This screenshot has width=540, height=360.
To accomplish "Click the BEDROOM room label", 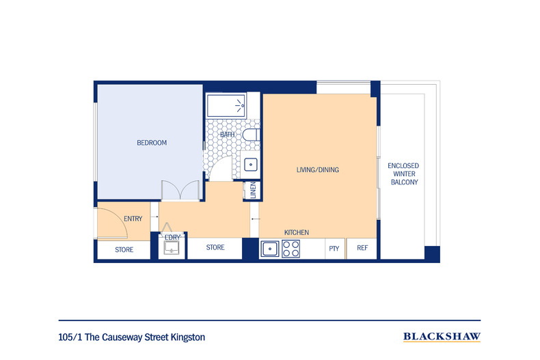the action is pyautogui.click(x=152, y=143).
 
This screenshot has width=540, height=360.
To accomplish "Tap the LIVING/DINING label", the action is pyautogui.click(x=318, y=169).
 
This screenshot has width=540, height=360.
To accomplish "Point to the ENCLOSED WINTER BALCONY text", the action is pyautogui.click(x=403, y=174).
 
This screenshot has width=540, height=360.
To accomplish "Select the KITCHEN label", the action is pyautogui.click(x=297, y=232).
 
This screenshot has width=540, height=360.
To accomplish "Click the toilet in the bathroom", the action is pyautogui.click(x=251, y=135).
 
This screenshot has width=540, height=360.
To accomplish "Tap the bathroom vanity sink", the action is pyautogui.click(x=251, y=165).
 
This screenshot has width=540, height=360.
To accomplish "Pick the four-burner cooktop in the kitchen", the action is pyautogui.click(x=291, y=249).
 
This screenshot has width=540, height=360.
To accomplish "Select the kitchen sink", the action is pyautogui.click(x=270, y=249).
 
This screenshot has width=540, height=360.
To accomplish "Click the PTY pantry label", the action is pyautogui.click(x=334, y=249).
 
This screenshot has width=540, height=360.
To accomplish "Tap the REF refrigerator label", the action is pyautogui.click(x=362, y=248).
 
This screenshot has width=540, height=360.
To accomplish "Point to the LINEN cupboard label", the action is pyautogui.click(x=253, y=190).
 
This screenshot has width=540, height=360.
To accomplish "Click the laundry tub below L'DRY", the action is pyautogui.click(x=171, y=248).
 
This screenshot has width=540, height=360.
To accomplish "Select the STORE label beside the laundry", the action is pyautogui.click(x=215, y=247).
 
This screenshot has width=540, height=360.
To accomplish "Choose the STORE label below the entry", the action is pyautogui.click(x=124, y=250).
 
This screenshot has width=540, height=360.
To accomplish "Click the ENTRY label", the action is pyautogui.click(x=133, y=219).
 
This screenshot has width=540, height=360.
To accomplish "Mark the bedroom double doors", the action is pyautogui.click(x=180, y=190).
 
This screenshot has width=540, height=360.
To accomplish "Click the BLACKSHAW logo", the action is pyautogui.click(x=442, y=337).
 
